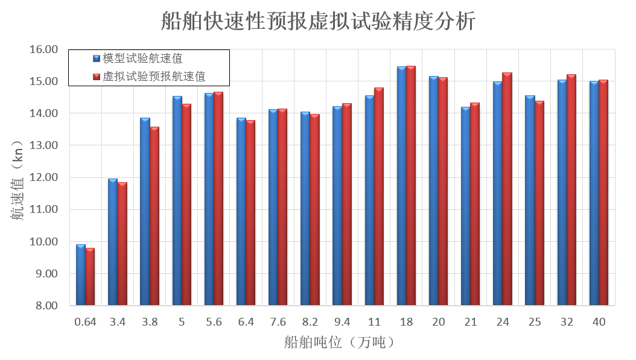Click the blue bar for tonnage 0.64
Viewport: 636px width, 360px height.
pos(80,275)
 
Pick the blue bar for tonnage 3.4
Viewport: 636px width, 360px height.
pos(113,242)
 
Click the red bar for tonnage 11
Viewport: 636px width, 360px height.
pos(379,197)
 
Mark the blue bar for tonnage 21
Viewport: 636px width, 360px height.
pos(466,206)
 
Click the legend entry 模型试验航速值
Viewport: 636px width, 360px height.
pos(142,58)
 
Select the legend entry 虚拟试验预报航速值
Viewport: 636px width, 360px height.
pos(154,77)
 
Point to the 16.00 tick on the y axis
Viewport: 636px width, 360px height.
pos(43,49)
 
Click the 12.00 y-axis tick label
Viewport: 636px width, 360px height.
pos(43,177)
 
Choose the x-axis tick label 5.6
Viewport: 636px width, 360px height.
pos(214,322)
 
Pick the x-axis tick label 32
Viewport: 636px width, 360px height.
pos(567,322)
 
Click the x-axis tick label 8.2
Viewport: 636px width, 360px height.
pos(310,322)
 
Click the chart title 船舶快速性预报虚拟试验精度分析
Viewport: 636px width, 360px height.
pos(318,21)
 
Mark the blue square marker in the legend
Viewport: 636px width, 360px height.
pos(96,58)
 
